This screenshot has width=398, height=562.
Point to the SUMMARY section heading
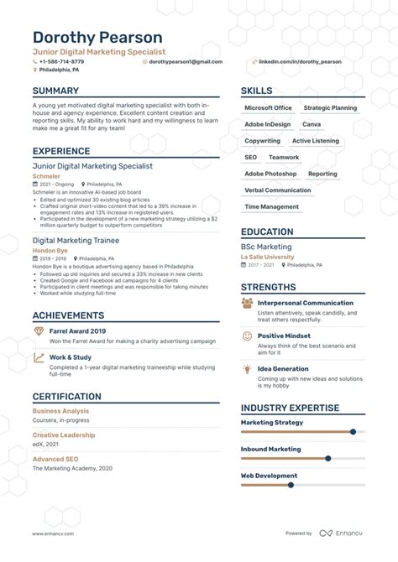[x=56, y=91]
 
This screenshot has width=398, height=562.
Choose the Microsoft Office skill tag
[x=268, y=108]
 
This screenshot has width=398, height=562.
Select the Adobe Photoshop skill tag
[x=270, y=174]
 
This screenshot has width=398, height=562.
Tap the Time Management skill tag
[x=271, y=206]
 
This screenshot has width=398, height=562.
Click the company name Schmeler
[x=46, y=176]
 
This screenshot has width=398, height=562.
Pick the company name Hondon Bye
[x=50, y=250]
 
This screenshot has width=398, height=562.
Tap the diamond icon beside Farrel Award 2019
[x=39, y=332]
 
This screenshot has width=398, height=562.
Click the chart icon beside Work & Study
[x=39, y=358]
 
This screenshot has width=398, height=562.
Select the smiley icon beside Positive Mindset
[x=248, y=336]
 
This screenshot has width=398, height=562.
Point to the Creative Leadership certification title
[x=64, y=435]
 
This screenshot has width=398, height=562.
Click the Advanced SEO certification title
[x=55, y=459]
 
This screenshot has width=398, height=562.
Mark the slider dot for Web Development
[x=291, y=485]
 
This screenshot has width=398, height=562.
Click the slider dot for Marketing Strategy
[x=353, y=432]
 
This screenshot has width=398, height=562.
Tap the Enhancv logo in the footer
[x=338, y=533]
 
